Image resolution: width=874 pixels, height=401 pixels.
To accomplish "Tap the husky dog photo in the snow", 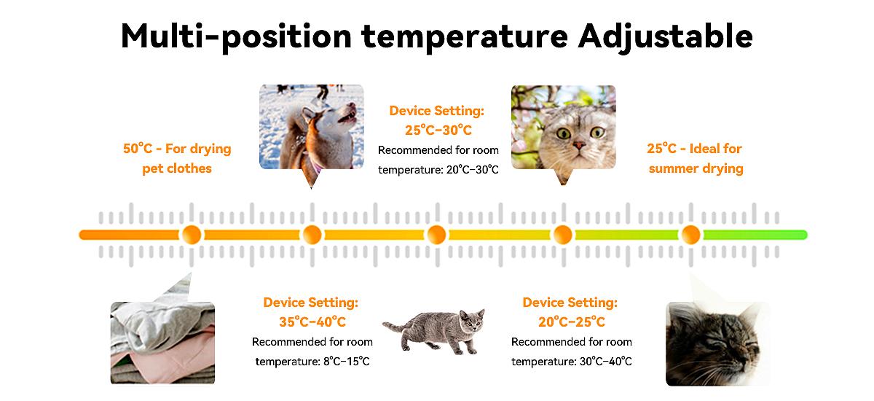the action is pos(312,128).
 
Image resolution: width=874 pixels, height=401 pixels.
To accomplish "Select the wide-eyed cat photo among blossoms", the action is pos(564,128).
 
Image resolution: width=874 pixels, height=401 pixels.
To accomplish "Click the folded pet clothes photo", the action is pos(162,343).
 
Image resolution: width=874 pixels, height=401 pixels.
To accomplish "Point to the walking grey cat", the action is pos(434,332).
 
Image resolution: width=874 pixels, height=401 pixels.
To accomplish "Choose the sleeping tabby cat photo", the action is pos(717,343).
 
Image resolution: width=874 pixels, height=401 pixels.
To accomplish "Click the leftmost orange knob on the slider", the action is pos(192,235).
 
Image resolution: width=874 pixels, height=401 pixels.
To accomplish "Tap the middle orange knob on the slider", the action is pos(436,235).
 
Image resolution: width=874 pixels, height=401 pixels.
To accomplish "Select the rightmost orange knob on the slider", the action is pos(691,235).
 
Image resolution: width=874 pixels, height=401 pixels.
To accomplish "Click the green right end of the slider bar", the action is pos(803,235).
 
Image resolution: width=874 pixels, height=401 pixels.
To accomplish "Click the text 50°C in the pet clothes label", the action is pos(138,149).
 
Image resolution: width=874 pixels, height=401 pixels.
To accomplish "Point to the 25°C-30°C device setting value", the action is pos(438,130).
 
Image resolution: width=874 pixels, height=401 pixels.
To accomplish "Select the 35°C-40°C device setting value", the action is pos(312,322).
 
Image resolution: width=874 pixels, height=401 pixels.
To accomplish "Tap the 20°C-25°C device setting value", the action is pos(572,322).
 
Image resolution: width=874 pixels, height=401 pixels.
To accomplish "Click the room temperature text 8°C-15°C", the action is pos(347,362).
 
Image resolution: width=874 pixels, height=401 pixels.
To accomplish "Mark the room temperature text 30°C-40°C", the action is pos(605,362).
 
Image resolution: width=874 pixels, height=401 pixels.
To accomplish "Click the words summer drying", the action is pos(696,168).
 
